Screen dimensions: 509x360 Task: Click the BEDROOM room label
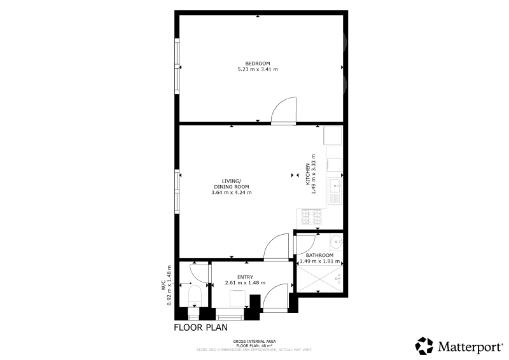[258, 64]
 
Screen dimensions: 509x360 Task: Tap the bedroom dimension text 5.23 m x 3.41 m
[258, 69]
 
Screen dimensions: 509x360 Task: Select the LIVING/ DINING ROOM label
[232, 184]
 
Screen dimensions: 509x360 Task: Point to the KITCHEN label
[308, 174]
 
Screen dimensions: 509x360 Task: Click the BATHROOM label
[319, 255]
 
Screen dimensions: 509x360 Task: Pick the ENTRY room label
[245, 277]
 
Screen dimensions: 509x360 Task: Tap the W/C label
[164, 285]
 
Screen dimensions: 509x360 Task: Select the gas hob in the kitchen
[311, 217]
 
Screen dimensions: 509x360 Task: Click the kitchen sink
[335, 191]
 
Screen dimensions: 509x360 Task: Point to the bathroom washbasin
[336, 242]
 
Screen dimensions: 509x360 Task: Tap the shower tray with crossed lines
[320, 279]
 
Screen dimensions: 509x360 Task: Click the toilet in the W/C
[195, 296]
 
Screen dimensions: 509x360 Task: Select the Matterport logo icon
[424, 346]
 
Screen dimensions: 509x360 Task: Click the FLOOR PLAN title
[200, 327]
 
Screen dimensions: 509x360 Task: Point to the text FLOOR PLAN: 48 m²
[254, 346]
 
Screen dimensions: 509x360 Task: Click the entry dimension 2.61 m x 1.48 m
[245, 283]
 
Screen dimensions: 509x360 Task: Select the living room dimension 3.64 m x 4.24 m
[232, 192]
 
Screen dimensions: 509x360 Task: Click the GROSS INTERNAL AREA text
[254, 342]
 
